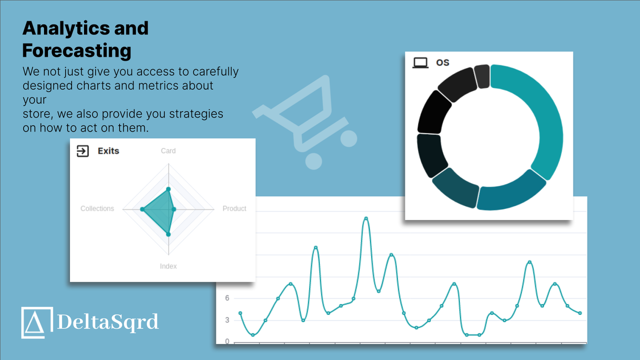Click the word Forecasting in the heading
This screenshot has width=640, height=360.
pos(77,50)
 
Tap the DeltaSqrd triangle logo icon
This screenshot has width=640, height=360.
pos(37,322)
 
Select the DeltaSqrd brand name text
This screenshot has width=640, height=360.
pos(108,321)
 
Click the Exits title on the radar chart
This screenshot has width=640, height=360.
pos(108,151)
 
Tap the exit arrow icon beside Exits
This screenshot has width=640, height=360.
pos(82,151)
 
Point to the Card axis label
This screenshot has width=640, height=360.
pos(168,151)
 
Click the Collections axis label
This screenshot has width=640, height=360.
pos(97,208)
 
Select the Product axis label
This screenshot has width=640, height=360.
pos(234,208)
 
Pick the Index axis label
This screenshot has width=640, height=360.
pos(168,266)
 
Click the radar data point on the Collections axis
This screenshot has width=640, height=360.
pos(142,209)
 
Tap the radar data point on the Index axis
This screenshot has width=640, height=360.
pos(168,234)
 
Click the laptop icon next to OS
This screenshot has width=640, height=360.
pos(420,62)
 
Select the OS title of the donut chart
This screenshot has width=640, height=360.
pos(442,62)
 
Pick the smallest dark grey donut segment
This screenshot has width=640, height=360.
pos(482,76)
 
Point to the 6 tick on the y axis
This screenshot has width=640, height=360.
pos(227,298)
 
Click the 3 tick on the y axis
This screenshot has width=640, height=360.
pos(227,320)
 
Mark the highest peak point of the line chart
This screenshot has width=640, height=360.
pos(366,218)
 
